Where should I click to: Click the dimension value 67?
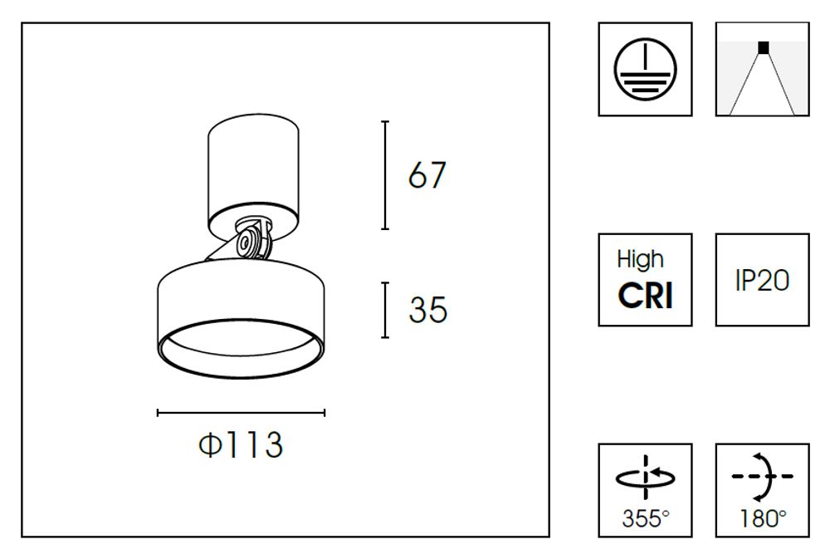tap(427, 175)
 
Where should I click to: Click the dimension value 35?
tap(427, 310)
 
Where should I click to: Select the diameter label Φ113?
tap(241, 445)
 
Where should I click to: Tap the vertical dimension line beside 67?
tap(385, 175)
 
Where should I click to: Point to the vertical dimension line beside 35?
tap(385, 310)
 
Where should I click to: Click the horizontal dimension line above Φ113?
tap(241, 412)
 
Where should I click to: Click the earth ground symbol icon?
tap(645, 69)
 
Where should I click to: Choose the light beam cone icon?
tap(762, 70)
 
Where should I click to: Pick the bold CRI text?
tap(645, 295)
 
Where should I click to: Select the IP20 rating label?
tap(762, 281)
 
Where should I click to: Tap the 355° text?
tap(645, 519)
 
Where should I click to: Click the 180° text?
tap(762, 519)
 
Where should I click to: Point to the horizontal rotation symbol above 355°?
tap(645, 478)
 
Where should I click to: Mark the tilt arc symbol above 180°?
tap(764, 476)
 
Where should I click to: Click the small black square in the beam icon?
tap(763, 47)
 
